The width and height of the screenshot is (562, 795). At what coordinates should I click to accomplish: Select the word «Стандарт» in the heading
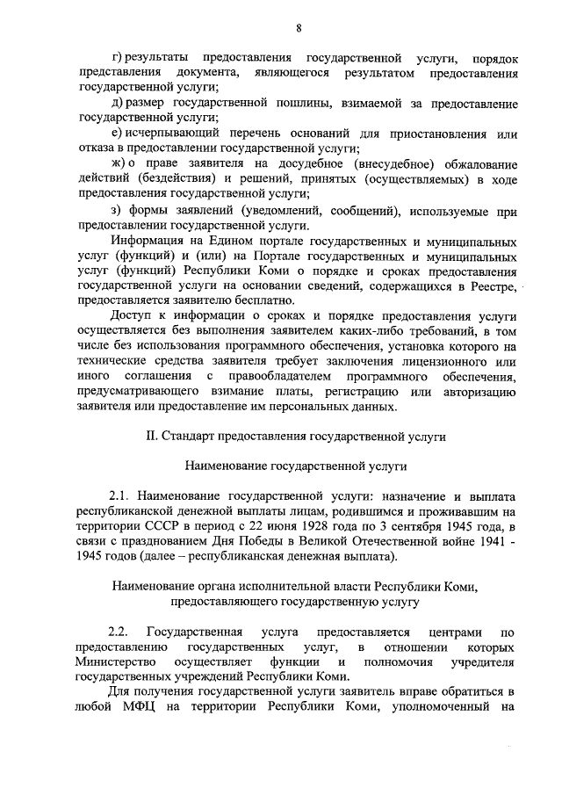[x=188, y=436]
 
